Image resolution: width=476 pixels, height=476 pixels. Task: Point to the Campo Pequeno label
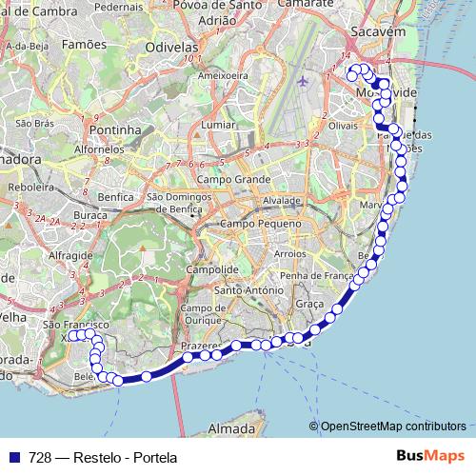pos(254,223)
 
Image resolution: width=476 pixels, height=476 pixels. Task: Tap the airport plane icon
pos(303,80)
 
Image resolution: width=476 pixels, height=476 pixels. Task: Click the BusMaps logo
pos(425,457)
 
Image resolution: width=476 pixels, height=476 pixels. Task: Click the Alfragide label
pos(69,256)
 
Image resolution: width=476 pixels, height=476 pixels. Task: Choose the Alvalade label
pos(282,201)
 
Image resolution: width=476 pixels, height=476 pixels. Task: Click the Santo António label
pos(251,289)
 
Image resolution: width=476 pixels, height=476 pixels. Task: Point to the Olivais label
pos(342,124)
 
